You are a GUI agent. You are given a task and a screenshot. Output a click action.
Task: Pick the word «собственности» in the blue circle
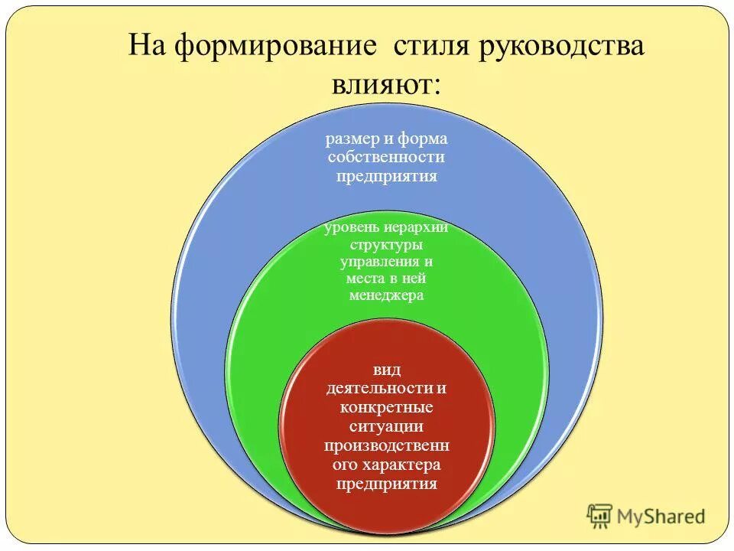[386, 157]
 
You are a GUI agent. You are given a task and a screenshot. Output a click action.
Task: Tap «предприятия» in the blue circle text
[386, 175]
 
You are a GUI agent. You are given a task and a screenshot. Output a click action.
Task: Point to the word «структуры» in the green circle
[386, 245]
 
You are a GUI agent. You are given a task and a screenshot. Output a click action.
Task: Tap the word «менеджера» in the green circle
[386, 295]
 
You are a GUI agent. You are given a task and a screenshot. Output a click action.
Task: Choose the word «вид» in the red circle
[386, 370]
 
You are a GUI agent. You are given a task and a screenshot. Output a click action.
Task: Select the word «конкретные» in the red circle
[386, 406]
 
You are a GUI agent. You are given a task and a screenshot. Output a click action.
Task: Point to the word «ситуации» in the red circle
[386, 425]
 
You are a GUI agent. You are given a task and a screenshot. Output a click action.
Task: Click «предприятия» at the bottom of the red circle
[386, 483]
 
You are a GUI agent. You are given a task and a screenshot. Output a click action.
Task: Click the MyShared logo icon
[600, 517]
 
